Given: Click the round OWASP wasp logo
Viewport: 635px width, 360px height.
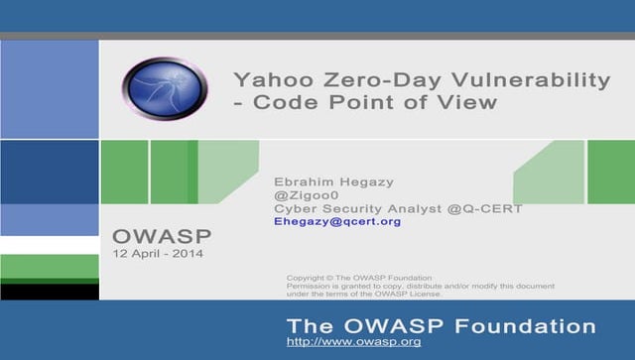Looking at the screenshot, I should click(164, 89).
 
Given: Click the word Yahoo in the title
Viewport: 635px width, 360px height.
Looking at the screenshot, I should click(267, 79).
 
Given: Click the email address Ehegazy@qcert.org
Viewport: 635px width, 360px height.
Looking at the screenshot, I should click(337, 221).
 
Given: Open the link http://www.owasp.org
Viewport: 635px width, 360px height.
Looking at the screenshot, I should click(353, 342).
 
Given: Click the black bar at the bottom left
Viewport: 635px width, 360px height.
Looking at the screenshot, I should click(50, 292).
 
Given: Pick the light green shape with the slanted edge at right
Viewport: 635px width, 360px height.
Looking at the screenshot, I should click(551, 173).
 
